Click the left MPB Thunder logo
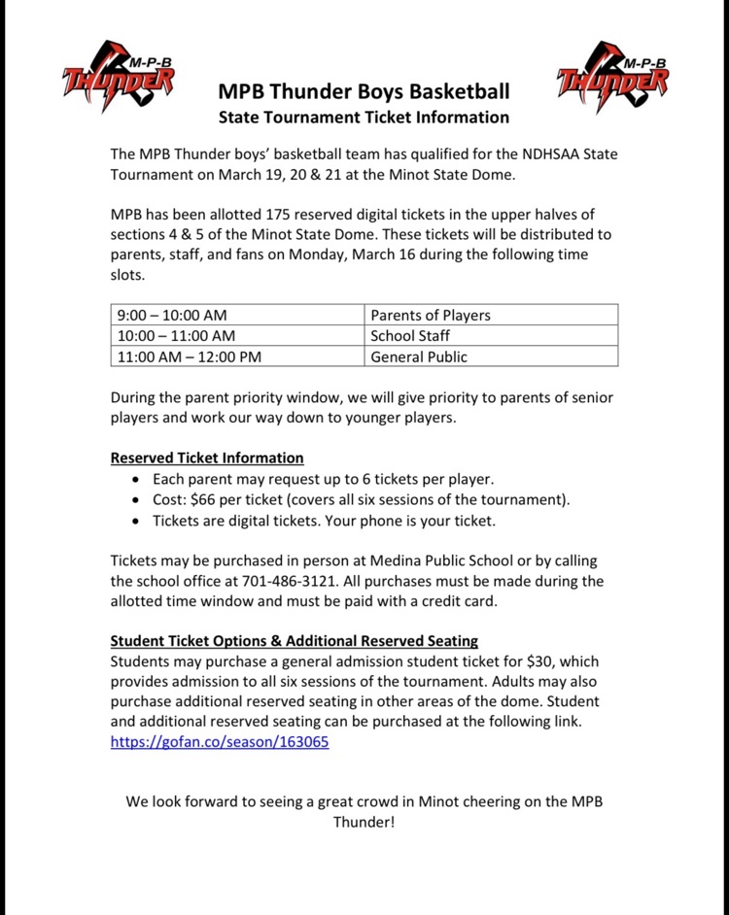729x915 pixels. click(x=120, y=76)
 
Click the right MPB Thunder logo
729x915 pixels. click(x=613, y=76)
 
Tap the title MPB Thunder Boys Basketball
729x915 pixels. click(x=364, y=93)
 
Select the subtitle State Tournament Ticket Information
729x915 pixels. click(x=364, y=118)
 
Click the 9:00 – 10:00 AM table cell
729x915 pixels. click(x=172, y=315)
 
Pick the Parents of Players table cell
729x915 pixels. click(x=431, y=315)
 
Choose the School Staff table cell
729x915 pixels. click(x=410, y=336)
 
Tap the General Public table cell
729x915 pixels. click(x=419, y=356)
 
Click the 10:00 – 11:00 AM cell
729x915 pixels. click(x=176, y=336)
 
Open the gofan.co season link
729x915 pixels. click(x=220, y=742)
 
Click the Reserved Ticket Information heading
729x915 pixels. click(x=207, y=457)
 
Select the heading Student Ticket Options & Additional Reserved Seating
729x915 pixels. click(x=295, y=641)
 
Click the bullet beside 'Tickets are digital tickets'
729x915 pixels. click(x=134, y=521)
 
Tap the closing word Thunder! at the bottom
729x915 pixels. click(x=364, y=822)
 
